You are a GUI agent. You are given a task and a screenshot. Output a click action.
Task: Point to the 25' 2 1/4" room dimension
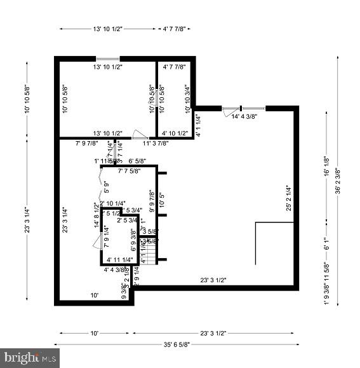click(x=288, y=198)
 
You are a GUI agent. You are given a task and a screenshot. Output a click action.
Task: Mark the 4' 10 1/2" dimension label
click(x=175, y=133)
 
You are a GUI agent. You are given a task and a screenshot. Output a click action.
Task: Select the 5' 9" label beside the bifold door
click(x=106, y=187)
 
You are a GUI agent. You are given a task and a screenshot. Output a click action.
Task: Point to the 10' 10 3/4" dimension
click(x=187, y=99)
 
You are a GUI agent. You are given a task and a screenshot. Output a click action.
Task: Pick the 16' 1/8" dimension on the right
click(x=326, y=166)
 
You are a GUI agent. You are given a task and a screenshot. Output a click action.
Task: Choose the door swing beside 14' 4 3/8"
click(x=228, y=112)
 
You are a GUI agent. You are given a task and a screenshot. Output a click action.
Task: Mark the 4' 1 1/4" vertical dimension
click(x=197, y=125)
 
